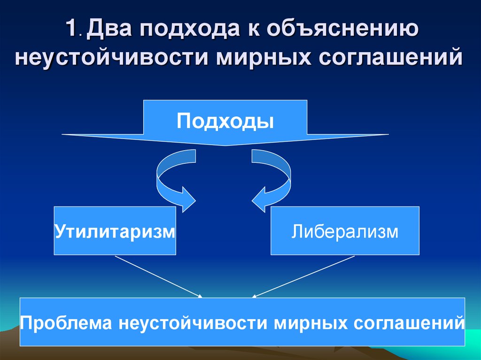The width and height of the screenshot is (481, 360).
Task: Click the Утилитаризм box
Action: pos(115,231)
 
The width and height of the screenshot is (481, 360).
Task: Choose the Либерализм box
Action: pos(345,231)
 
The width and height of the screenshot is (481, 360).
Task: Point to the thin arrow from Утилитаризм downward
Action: pos(157,276)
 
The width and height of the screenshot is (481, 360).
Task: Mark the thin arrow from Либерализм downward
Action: pos(303,276)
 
